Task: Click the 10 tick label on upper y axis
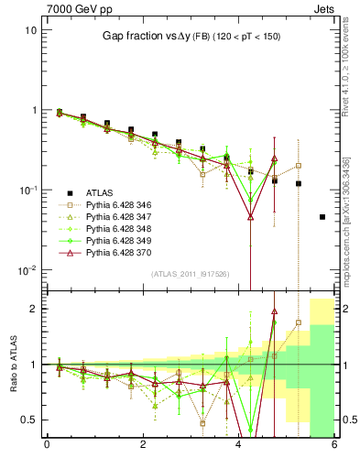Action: tap(30, 30)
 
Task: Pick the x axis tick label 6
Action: tap(334, 446)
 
